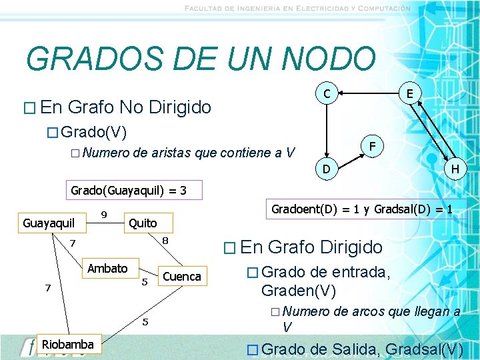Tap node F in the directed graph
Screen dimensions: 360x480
coord(374,145)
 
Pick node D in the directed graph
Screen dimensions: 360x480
coord(327,170)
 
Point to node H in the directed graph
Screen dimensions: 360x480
coord(454,170)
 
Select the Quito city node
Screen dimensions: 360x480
coord(143,223)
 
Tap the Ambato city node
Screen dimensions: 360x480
coord(108,268)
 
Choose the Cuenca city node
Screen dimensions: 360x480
coord(181,276)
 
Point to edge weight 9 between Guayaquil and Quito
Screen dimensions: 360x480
coord(103,214)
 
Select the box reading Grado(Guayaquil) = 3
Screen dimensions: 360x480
coord(129,191)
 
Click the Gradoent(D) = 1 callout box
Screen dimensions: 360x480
coord(362,209)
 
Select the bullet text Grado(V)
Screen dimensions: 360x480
coord(99,129)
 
